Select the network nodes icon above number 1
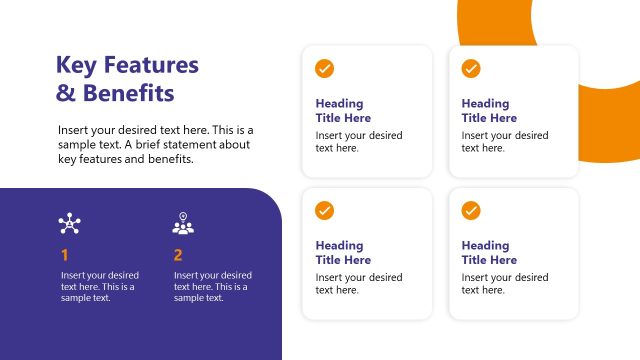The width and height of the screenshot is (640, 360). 69,224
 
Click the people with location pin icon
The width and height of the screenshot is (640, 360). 183,224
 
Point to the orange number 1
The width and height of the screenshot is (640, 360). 65,255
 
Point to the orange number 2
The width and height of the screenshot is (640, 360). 178,255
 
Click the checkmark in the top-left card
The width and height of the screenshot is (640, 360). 325,68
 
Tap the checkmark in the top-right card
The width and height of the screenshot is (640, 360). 471,68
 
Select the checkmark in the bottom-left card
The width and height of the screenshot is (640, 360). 325,210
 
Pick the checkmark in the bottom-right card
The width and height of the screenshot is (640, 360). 471,210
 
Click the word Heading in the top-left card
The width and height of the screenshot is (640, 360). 340,103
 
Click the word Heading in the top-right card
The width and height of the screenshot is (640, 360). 486,103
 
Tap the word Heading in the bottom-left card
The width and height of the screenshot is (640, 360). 340,245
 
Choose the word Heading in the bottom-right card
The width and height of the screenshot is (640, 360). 486,245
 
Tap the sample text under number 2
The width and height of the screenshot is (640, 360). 212,286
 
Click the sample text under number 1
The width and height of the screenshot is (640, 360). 99,286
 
